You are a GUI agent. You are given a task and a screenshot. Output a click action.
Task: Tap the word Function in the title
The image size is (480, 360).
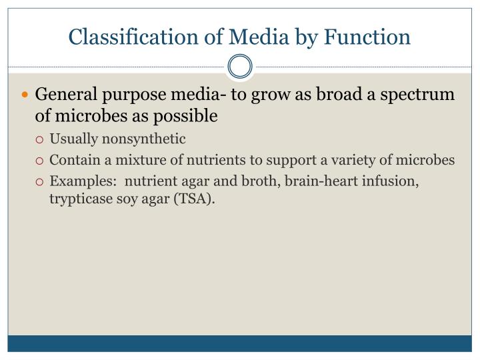coord(368,37)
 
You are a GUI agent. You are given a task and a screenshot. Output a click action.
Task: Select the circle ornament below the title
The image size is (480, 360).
coord(240,67)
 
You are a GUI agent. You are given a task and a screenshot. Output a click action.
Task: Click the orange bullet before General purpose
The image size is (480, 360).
coord(26,95)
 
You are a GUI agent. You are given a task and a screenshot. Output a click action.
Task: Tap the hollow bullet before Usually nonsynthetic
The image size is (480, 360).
coord(40,139)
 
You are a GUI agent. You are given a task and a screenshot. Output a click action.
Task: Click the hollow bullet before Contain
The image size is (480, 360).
coord(40,161)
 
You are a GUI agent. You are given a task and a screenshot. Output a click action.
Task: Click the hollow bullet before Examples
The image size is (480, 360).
coord(40,181)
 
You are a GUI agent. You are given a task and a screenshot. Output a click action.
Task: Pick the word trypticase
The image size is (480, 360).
coord(81,200)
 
